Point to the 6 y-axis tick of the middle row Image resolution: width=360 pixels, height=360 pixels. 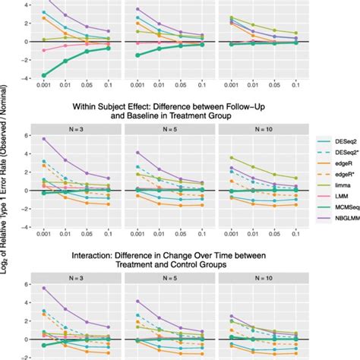point(26,136)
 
